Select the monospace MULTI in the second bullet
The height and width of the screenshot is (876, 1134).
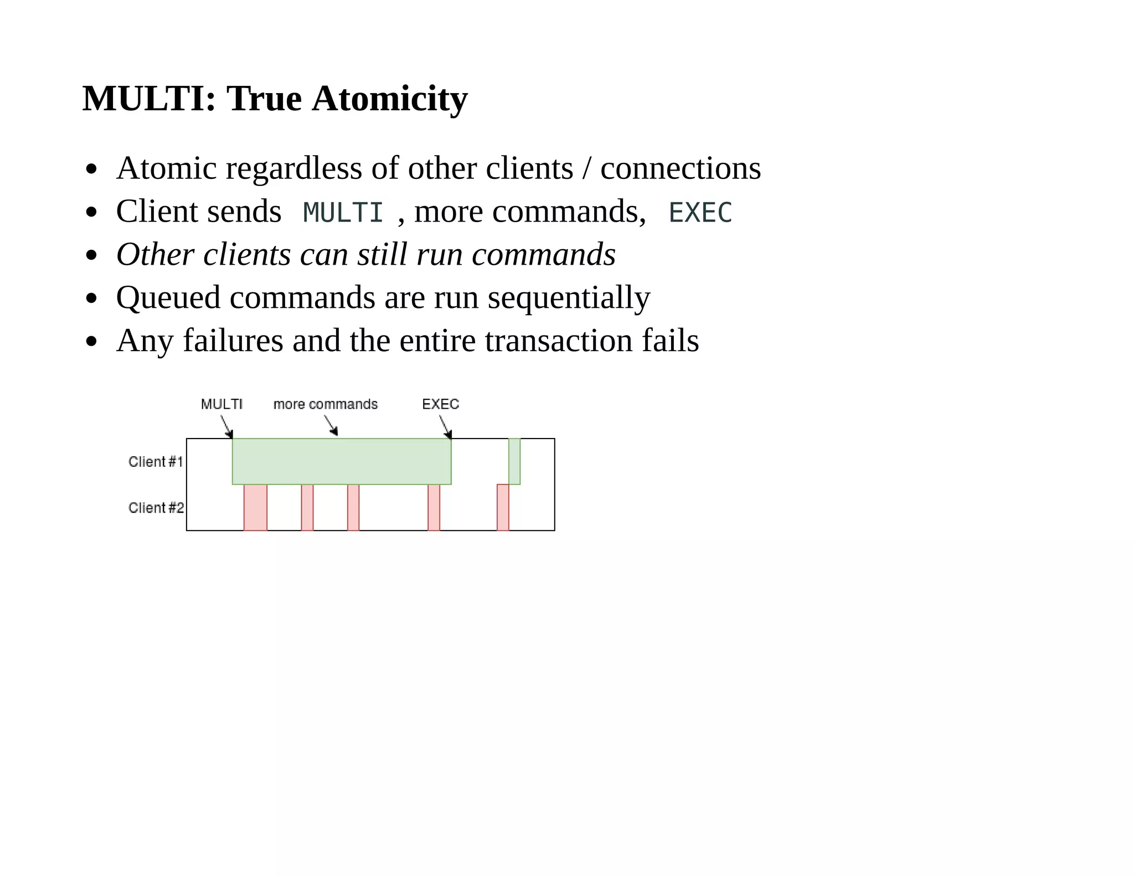pos(343,213)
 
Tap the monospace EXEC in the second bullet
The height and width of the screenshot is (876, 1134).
pos(700,213)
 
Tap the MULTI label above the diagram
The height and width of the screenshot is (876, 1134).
pos(221,404)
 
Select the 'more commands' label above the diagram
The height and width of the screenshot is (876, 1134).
pos(326,404)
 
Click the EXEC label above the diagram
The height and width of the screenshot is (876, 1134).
pos(441,404)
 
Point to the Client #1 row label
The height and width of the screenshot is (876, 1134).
pos(156,462)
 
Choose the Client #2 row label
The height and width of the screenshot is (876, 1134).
pos(156,508)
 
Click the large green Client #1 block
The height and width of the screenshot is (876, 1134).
pos(342,461)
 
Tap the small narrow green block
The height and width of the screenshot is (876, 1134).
pos(514,461)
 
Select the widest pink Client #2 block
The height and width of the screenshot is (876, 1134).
pos(255,507)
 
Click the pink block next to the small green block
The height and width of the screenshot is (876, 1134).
pos(503,507)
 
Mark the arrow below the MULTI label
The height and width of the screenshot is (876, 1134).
pos(227,426)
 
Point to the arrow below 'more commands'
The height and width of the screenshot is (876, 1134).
pos(331,425)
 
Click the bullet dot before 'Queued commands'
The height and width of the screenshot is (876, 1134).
pos(92,299)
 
